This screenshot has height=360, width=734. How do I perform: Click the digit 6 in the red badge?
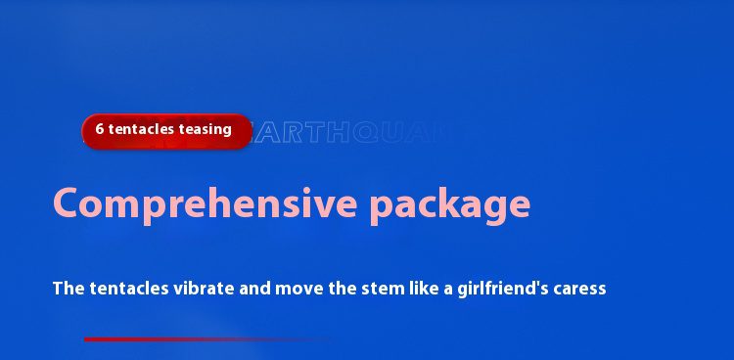click(100, 129)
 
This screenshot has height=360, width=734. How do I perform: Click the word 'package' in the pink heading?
click(450, 203)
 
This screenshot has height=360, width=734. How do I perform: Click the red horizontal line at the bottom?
click(196, 339)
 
